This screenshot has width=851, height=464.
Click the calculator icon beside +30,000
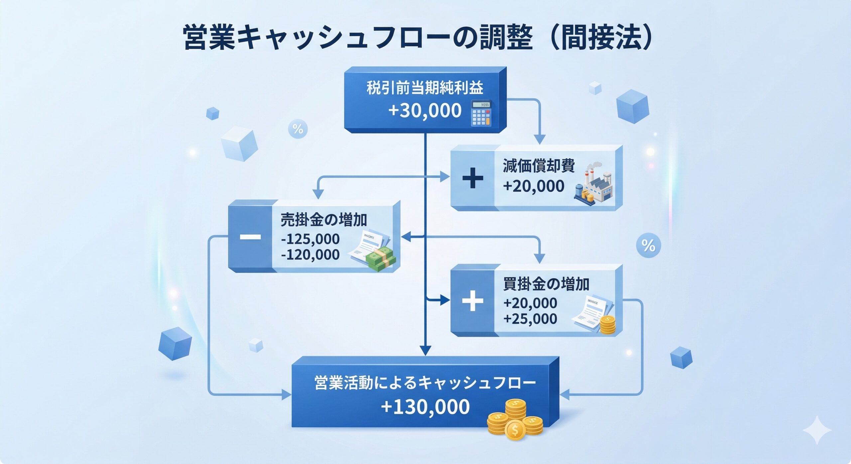point(481,114)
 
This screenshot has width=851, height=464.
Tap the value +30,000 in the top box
point(425,111)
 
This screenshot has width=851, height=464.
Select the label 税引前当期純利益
point(425,88)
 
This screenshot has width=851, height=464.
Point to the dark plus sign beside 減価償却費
point(473,178)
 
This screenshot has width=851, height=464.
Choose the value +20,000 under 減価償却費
point(534,186)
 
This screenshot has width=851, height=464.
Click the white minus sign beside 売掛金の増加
point(250,237)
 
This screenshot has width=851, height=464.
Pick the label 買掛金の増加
point(546,284)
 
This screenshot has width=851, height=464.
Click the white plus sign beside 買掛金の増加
point(472,301)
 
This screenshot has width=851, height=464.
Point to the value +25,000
point(530,319)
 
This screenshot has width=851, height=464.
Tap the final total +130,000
point(425,407)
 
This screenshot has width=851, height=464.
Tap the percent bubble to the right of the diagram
point(648,245)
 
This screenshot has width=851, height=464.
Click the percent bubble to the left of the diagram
point(298,129)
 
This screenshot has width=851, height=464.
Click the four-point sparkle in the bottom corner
point(817,430)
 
